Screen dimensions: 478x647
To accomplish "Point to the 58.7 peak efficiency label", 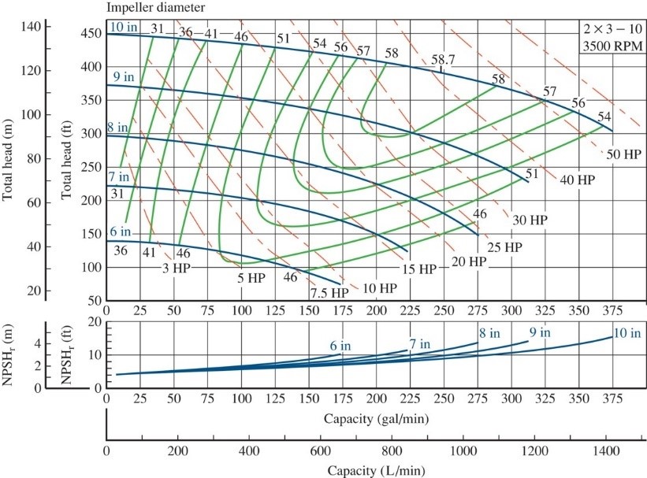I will click(443, 61).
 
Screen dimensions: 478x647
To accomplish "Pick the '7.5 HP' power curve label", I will click(328, 292).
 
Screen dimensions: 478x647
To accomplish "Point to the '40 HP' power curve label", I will click(578, 180).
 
